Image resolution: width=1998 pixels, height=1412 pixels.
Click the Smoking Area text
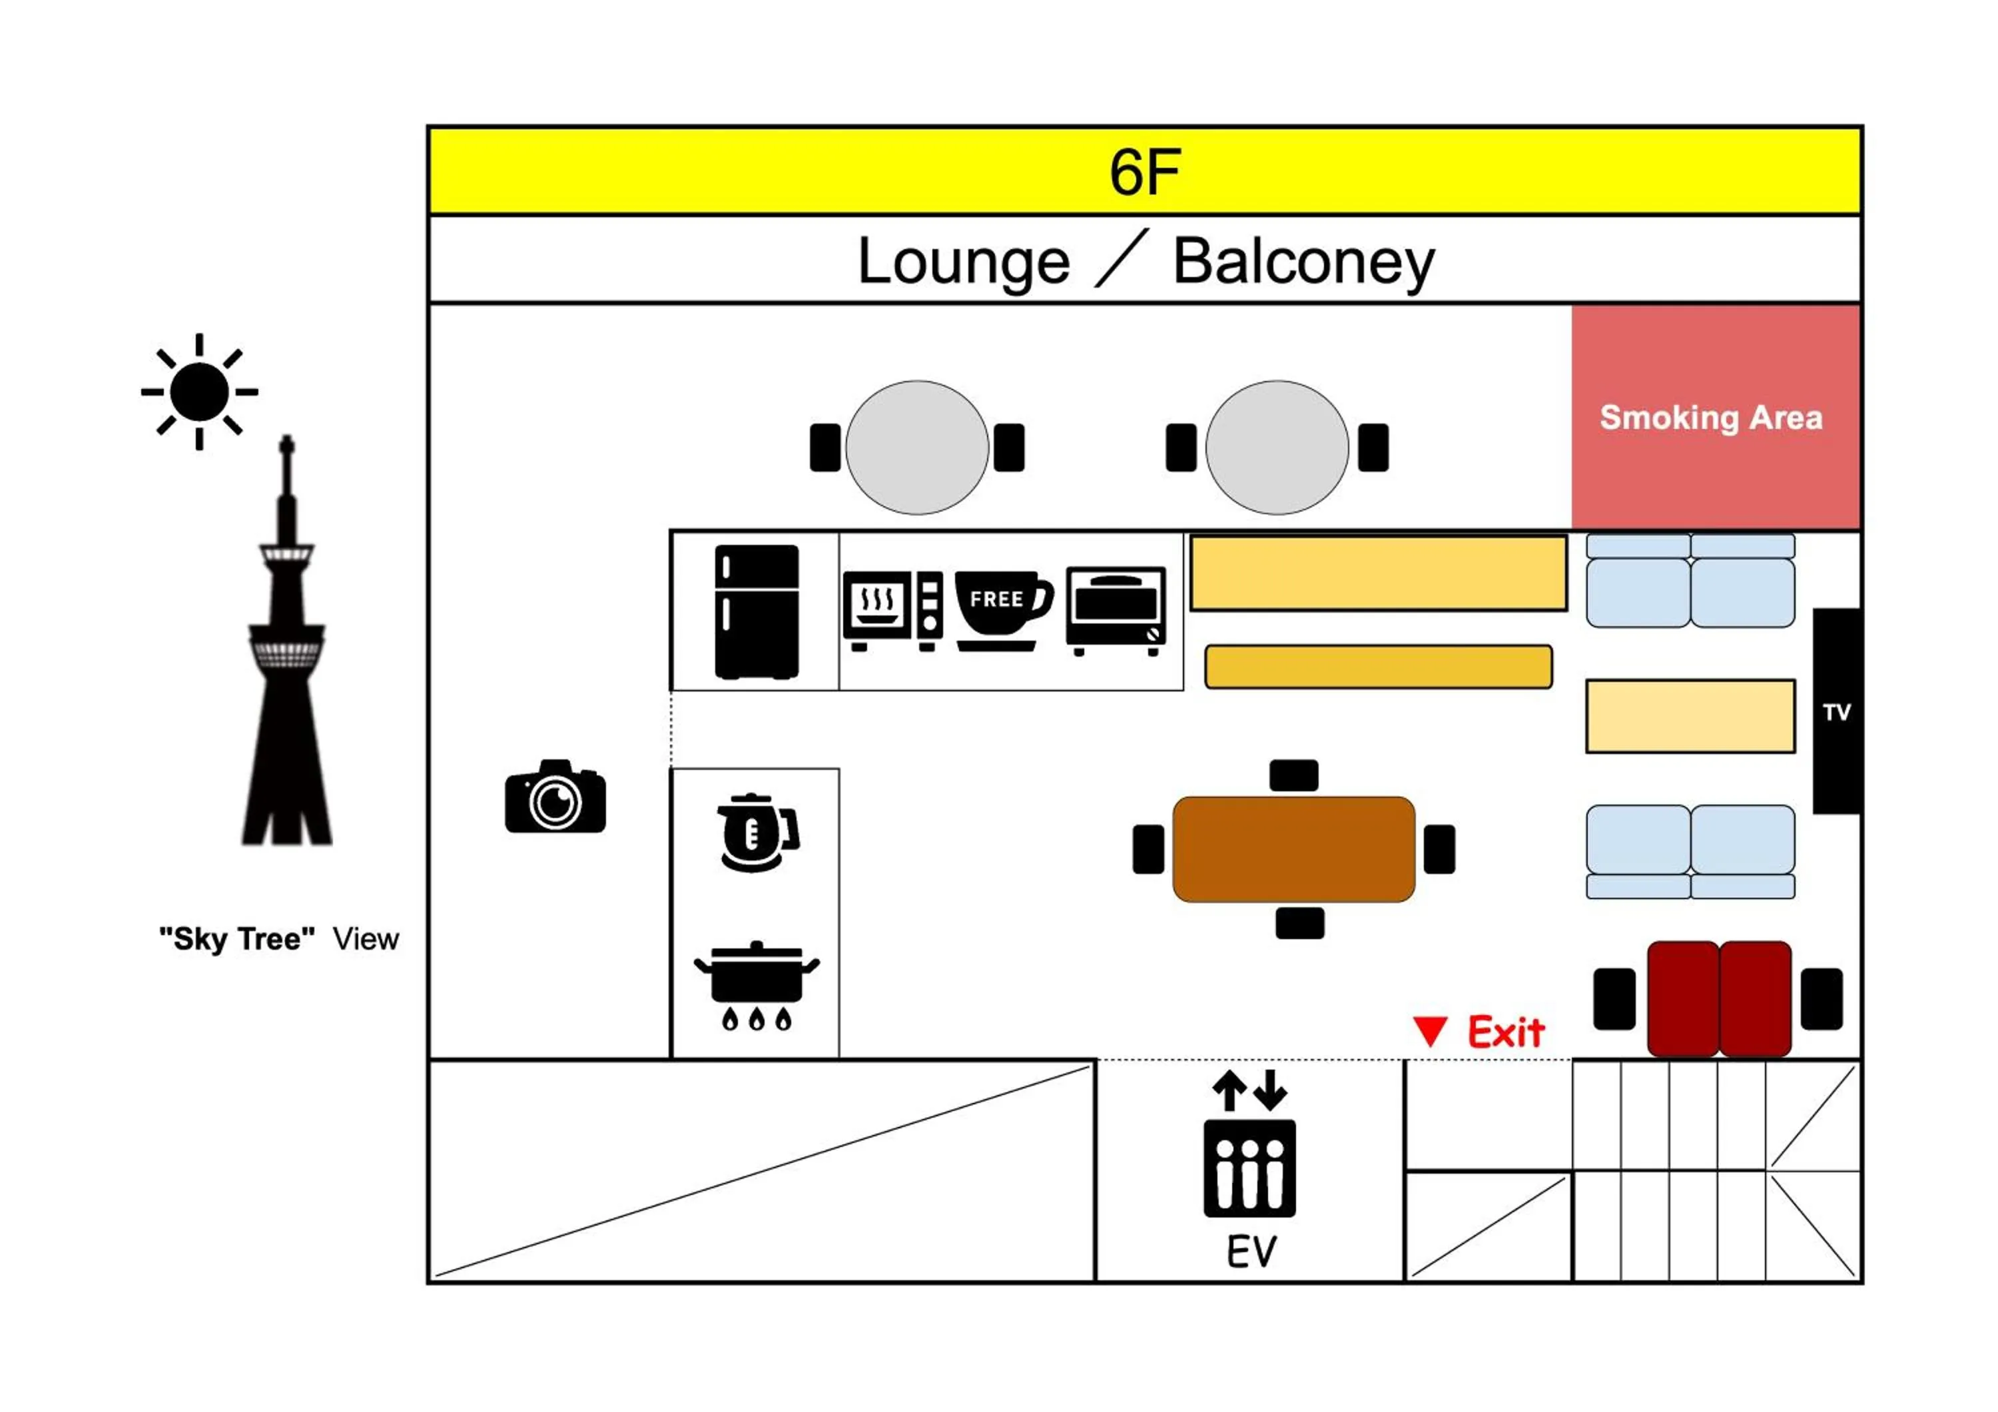pyautogui.click(x=1710, y=418)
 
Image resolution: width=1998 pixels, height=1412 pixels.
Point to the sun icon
pyautogui.click(x=199, y=392)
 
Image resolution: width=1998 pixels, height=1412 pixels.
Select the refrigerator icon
pyautogui.click(x=756, y=611)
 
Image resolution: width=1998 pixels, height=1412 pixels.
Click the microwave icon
pyautogui.click(x=892, y=610)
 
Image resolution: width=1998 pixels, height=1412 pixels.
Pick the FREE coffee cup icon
pyautogui.click(x=1002, y=609)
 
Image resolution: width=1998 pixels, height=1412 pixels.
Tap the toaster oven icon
pyautogui.click(x=1116, y=611)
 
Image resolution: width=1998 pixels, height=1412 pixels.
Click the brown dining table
pyautogui.click(x=1293, y=849)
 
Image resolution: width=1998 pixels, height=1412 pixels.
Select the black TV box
pyautogui.click(x=1836, y=711)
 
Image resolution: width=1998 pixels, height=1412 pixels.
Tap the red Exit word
pyautogui.click(x=1505, y=1032)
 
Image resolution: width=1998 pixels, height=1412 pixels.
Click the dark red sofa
pyautogui.click(x=1719, y=999)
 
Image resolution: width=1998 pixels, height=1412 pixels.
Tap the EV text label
pyautogui.click(x=1251, y=1252)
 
